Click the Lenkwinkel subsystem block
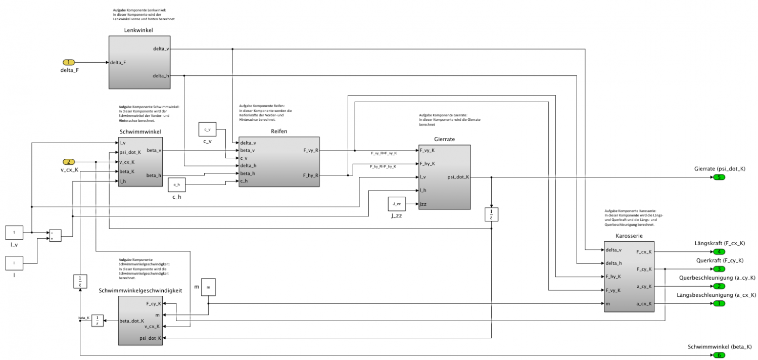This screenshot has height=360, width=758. point(139,62)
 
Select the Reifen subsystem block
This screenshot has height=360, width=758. point(279,162)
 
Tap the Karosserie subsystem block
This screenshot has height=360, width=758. point(629,277)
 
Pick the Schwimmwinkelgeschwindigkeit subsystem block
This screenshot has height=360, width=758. point(140,321)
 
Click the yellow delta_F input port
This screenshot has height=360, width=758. point(68,63)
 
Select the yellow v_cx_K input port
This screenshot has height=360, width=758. point(68,162)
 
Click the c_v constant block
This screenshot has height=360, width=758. point(207,130)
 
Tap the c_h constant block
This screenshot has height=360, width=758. point(177,186)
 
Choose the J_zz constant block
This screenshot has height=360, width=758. point(397,204)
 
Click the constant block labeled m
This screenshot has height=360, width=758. point(208,287)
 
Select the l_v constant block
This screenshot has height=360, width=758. point(15,233)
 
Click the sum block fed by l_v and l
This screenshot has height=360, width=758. point(55,236)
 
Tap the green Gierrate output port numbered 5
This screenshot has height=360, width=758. point(719,177)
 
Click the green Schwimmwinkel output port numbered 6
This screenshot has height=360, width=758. point(719,355)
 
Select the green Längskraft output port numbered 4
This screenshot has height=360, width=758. point(719,251)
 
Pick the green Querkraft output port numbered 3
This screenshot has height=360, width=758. point(719,268)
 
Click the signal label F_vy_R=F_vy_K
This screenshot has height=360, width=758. point(384,153)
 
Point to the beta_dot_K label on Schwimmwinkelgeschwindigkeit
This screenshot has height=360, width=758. point(132,321)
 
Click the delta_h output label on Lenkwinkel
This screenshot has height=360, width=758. point(161,76)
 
